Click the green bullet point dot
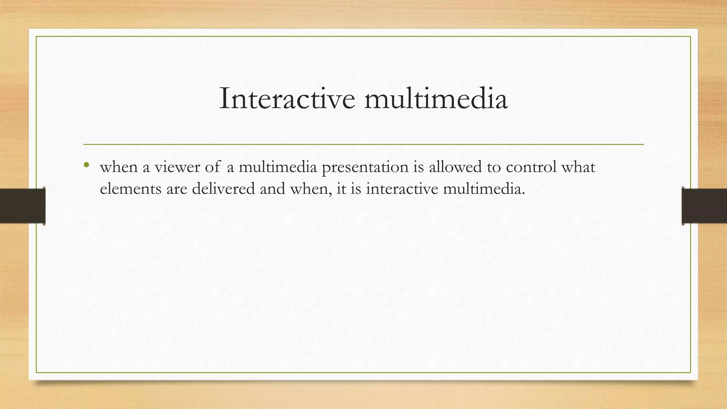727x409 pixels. point(86,165)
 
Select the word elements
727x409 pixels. point(131,189)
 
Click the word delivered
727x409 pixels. point(223,189)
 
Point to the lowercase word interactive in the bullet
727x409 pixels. point(402,189)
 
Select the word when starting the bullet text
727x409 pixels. point(119,167)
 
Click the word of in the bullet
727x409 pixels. point(213,167)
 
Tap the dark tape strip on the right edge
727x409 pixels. point(704,206)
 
